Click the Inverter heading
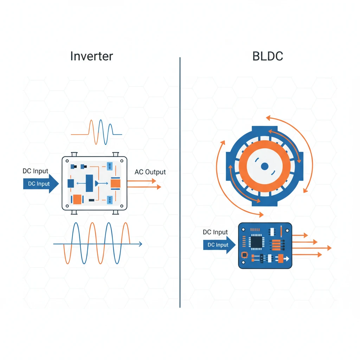pos(92,56)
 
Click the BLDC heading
pos(268,56)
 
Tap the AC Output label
pos(150,172)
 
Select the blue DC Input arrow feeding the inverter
pos(41,184)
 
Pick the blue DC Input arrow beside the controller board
pos(219,245)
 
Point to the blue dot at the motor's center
pos(265,166)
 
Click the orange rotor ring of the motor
pos(265,144)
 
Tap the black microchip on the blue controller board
pos(256,242)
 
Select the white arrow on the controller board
pos(286,259)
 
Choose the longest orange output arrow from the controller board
pos(312,248)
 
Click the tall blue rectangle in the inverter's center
pos(89,183)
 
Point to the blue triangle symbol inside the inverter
pos(97,183)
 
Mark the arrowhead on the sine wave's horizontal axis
pos(141,244)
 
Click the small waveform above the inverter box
pos(96,132)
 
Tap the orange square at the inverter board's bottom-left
pos(77,199)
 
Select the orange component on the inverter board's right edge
pos(115,184)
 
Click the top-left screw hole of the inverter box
pos(67,161)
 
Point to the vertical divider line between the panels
pos(180,182)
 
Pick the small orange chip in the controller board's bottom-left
pos(245,255)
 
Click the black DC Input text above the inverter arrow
pos(36,171)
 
